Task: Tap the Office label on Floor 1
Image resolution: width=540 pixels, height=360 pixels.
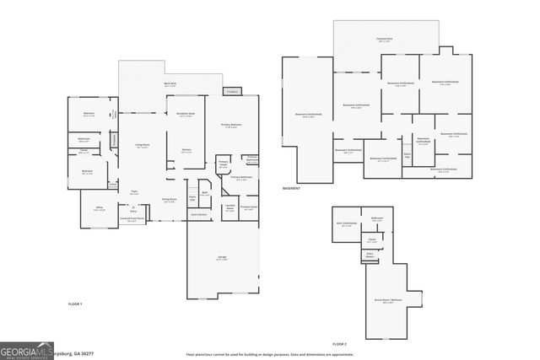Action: tap(99, 207)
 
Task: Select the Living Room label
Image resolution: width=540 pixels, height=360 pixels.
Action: tap(143, 146)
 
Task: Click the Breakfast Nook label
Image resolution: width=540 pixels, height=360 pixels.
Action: tap(186, 115)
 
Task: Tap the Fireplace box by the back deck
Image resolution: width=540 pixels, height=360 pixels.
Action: tap(232, 91)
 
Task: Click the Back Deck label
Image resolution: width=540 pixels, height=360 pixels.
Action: tap(170, 84)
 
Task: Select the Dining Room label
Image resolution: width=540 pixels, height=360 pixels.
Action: tap(169, 200)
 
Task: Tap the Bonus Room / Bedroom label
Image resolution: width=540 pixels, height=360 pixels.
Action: tap(387, 300)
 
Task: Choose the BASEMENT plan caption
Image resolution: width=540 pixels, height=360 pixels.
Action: tap(291, 188)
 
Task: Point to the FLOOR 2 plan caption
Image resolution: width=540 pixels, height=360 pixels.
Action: tap(339, 344)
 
